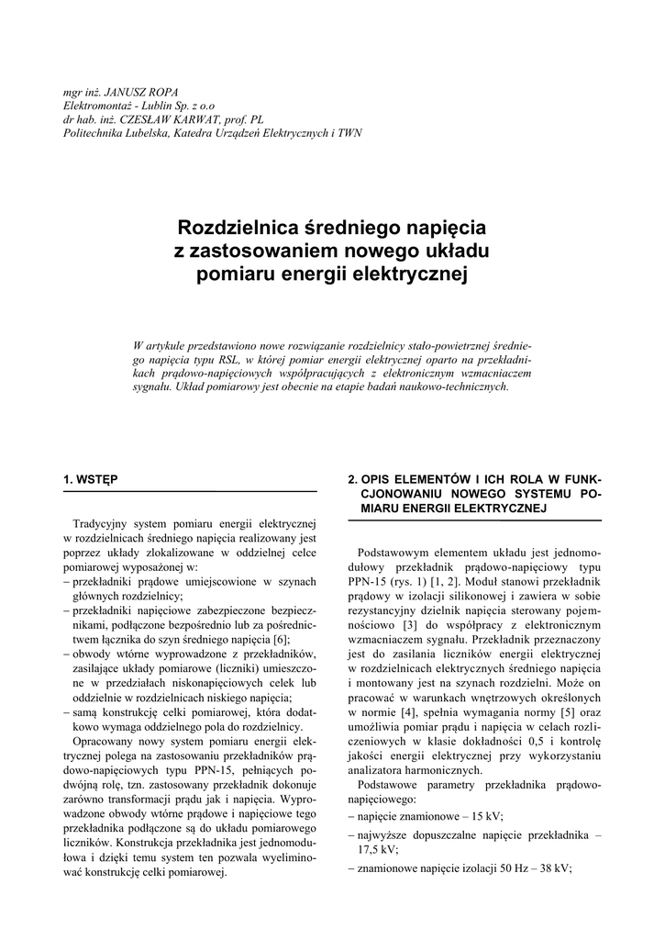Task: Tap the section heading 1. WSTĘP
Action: coord(90,479)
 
